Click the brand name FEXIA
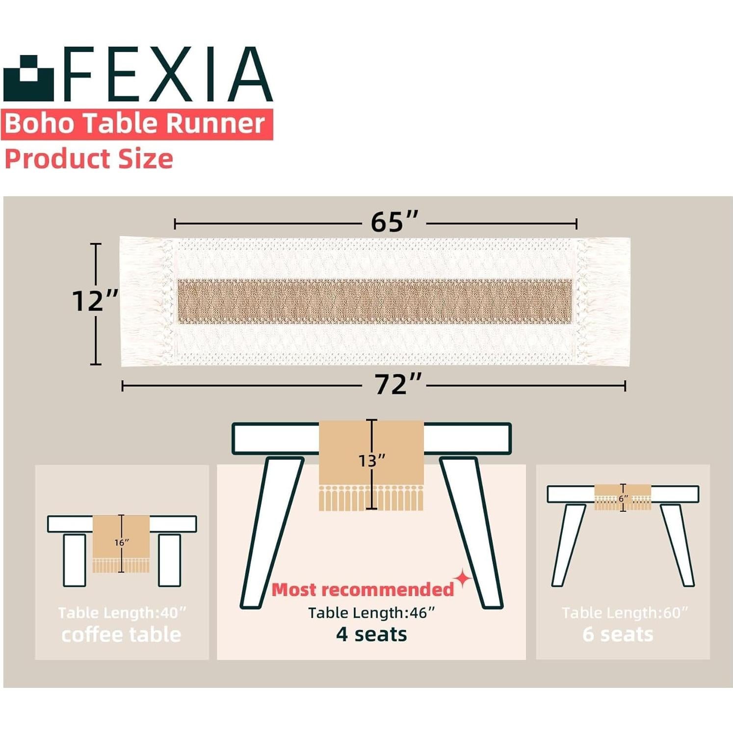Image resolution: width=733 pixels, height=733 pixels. (x=167, y=75)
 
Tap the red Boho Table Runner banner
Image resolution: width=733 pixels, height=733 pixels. (x=136, y=124)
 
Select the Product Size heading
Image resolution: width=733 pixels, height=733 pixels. (x=89, y=159)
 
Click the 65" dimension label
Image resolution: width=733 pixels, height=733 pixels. (x=394, y=222)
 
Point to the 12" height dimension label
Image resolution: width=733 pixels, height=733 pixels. (x=95, y=301)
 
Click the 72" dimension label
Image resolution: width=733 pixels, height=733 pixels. (x=398, y=385)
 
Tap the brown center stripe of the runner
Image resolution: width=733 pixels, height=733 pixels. (x=375, y=301)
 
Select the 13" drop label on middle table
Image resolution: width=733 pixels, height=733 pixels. (x=371, y=461)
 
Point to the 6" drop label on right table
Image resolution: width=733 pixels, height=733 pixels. (x=623, y=498)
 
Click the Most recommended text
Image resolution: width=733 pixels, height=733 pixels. (x=363, y=590)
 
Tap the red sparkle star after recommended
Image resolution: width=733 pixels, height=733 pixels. (x=462, y=579)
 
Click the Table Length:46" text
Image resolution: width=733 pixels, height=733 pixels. (x=371, y=613)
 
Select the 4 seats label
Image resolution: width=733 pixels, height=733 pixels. (x=371, y=634)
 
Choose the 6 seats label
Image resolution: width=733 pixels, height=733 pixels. (x=618, y=634)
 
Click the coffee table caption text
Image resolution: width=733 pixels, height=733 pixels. (x=121, y=635)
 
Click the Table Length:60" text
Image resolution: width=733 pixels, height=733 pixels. (x=625, y=613)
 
